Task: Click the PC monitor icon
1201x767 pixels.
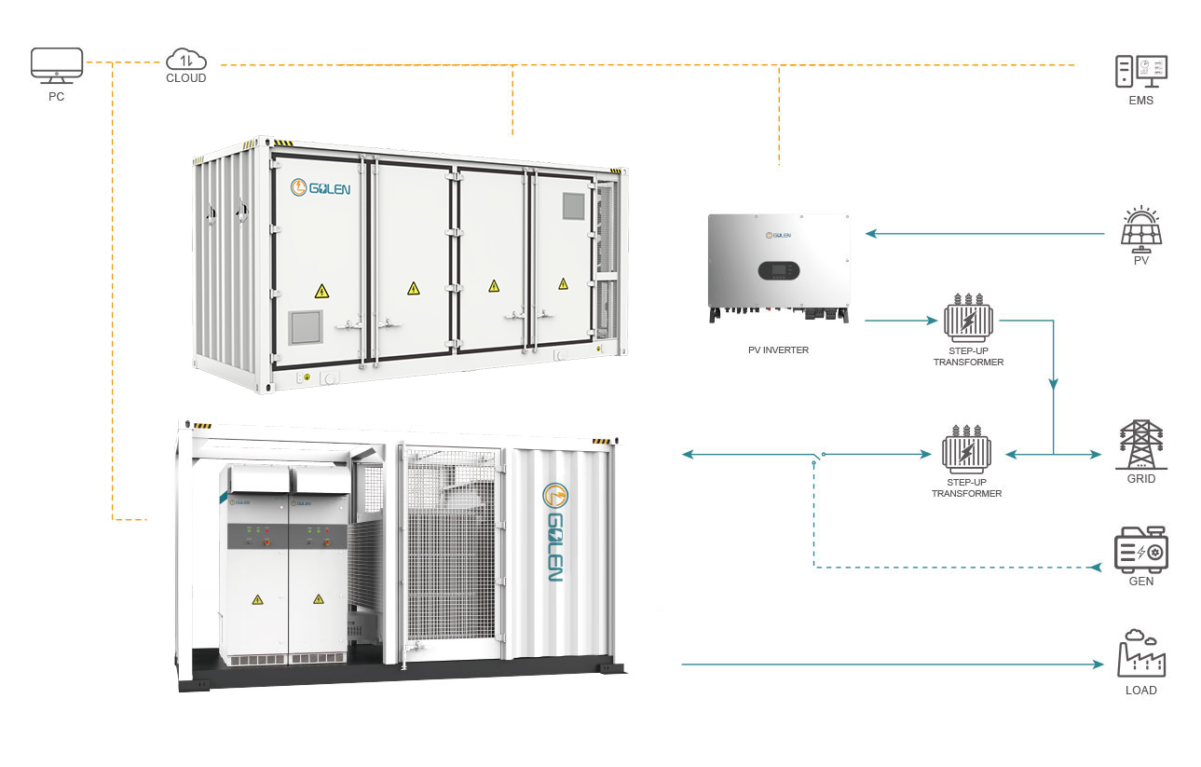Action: click(x=57, y=65)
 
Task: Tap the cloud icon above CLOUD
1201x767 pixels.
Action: click(x=186, y=59)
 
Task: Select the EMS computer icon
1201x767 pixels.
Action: click(x=1141, y=71)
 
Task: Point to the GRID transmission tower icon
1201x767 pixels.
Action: click(x=1141, y=445)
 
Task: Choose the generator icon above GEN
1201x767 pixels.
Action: click(x=1141, y=550)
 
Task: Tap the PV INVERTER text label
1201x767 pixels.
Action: click(x=778, y=350)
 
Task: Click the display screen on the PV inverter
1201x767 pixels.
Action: click(x=779, y=271)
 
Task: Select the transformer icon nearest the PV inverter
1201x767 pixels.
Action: click(x=968, y=318)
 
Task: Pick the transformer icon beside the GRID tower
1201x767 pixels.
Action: click(x=966, y=449)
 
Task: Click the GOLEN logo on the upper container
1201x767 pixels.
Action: click(x=321, y=187)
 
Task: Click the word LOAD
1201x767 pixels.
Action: click(x=1141, y=691)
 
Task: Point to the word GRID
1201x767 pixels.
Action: click(x=1141, y=478)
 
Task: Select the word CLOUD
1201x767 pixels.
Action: click(x=186, y=78)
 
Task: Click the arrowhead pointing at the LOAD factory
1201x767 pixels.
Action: click(x=1098, y=664)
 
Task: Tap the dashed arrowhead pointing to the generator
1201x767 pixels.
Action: click(x=1096, y=567)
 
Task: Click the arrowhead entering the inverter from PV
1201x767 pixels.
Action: click(x=871, y=233)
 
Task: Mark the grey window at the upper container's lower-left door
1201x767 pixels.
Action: click(x=306, y=327)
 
